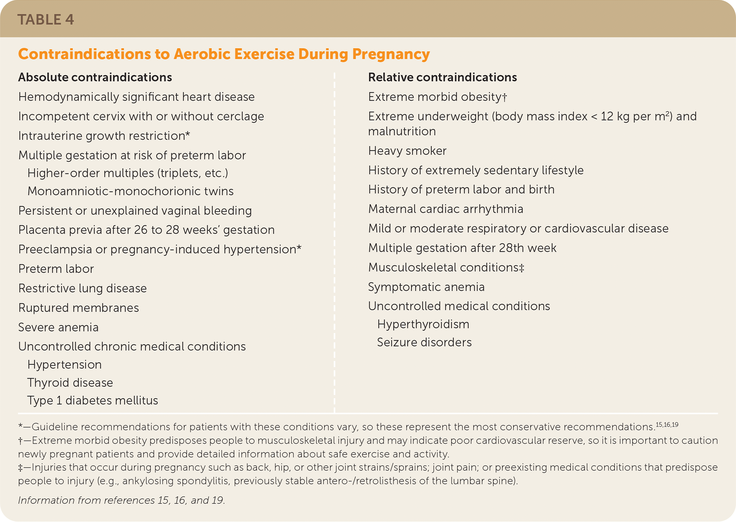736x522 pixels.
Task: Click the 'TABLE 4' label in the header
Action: pos(46,20)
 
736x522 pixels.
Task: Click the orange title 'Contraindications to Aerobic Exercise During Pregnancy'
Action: pos(224,54)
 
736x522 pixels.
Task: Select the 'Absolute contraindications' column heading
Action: pos(95,77)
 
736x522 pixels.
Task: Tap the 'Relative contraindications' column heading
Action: pos(442,77)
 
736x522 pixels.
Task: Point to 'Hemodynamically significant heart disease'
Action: pos(136,97)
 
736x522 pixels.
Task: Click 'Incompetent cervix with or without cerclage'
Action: pos(141,116)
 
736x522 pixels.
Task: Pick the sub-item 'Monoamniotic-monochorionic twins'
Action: pos(131,191)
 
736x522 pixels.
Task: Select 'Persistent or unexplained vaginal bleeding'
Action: pos(135,211)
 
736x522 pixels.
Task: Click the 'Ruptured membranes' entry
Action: pos(79,308)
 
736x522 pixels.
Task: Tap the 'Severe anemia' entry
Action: pos(58,327)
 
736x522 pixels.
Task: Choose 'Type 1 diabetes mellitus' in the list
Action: pos(93,400)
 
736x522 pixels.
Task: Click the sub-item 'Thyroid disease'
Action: pos(70,383)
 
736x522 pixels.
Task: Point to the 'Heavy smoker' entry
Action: pos(407,151)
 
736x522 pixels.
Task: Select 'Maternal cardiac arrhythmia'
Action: pos(446,209)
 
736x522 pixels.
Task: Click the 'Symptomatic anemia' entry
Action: pos(426,287)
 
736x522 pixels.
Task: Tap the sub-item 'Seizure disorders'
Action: pos(424,342)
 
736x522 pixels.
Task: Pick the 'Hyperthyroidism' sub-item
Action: pos(423,324)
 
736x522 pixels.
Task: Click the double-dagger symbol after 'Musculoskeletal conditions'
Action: pos(522,267)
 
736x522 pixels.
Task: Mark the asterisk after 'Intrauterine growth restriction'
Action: pos(188,134)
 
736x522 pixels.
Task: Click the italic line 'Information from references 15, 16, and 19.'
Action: pos(122,500)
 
